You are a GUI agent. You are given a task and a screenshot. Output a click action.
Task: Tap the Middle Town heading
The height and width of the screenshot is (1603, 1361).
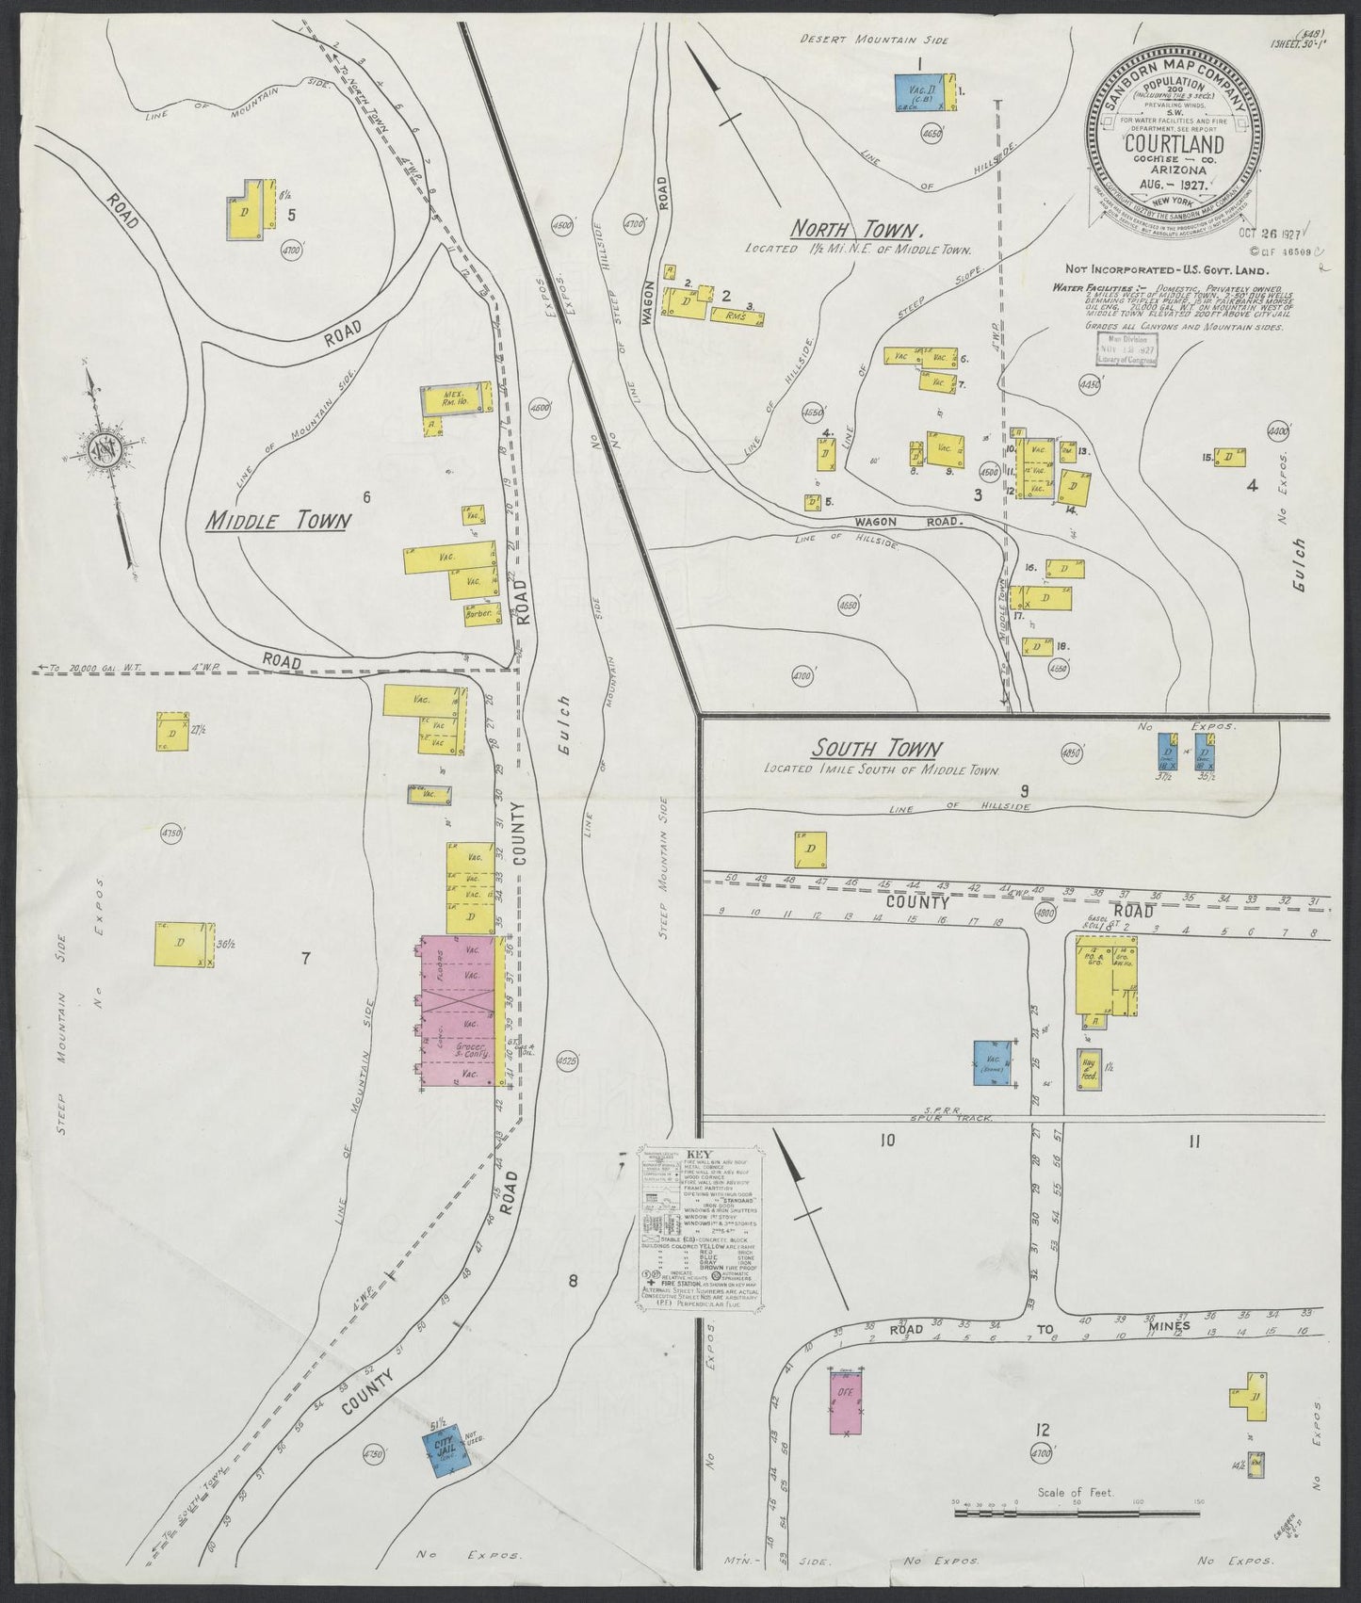click(x=278, y=520)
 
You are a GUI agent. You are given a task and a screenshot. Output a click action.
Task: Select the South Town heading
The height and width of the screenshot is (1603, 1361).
click(x=876, y=750)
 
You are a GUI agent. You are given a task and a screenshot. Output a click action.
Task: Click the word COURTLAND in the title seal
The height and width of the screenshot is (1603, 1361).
click(x=1174, y=144)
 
